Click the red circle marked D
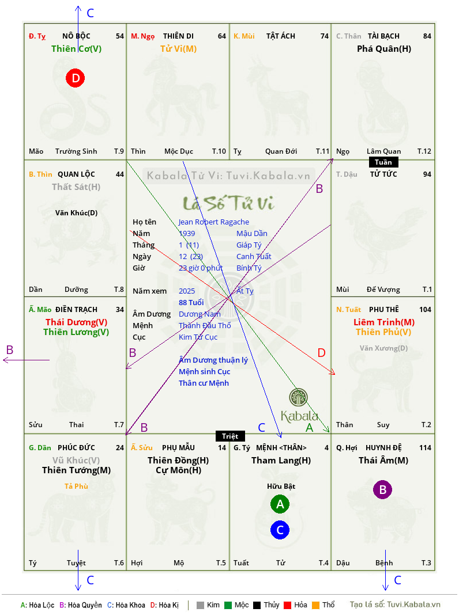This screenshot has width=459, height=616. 75,78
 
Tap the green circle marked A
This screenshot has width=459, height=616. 280,504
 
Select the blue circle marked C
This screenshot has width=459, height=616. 280,530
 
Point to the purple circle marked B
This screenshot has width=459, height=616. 383,489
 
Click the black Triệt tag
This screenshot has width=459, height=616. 230,436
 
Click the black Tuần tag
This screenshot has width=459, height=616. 383,162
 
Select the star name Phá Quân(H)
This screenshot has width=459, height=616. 384,49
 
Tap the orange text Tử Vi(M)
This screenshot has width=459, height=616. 178,49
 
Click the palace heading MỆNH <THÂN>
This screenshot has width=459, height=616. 281,447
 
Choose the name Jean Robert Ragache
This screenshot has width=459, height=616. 214,222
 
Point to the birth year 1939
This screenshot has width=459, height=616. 187,233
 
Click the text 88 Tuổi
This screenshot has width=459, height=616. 191,302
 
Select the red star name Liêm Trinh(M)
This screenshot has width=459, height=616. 384,322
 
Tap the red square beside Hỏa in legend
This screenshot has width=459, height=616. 287,605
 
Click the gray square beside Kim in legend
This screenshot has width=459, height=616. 200,605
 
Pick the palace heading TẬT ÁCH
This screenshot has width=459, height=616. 281,36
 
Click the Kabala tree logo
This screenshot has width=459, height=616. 298,397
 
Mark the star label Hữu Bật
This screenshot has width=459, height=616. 281,486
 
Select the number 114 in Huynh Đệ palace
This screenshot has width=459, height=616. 425,447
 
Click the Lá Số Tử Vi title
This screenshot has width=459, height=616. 228,203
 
